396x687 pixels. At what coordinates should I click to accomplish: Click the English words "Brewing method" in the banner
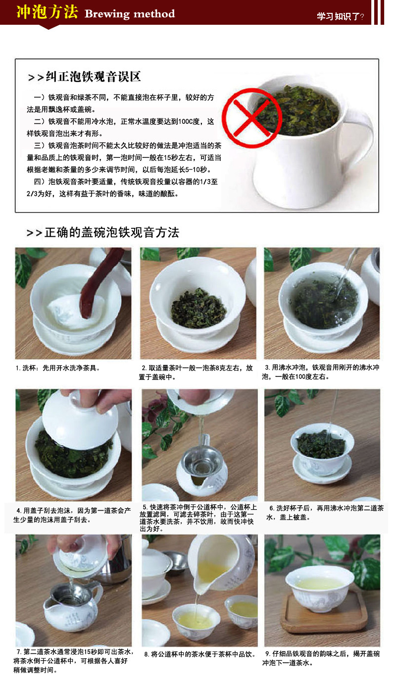point(130,14)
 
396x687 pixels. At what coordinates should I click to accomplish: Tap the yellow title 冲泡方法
point(47,12)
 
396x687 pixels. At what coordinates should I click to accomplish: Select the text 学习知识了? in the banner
point(340,16)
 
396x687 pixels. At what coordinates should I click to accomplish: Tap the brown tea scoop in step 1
point(99,282)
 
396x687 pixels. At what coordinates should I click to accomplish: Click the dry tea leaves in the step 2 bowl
point(198,308)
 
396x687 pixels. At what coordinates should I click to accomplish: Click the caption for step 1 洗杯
point(58,368)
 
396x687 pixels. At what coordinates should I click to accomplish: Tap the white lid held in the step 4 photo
point(80,417)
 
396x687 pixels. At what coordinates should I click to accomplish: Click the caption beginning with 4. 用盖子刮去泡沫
point(72,515)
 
